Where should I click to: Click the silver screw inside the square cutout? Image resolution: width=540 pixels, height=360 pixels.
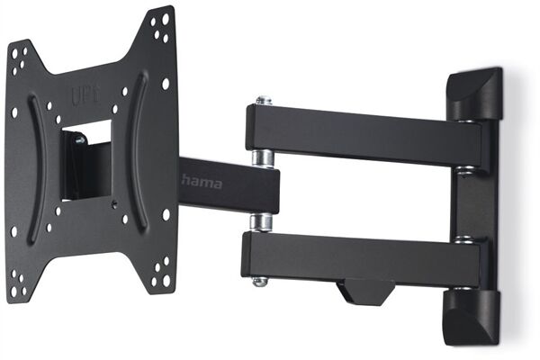click(x=80, y=140)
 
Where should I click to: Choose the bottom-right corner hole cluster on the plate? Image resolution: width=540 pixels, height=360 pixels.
click(x=161, y=271)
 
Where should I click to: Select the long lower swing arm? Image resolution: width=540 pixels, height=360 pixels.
click(x=360, y=256)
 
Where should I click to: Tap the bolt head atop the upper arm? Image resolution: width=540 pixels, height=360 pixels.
click(x=262, y=100)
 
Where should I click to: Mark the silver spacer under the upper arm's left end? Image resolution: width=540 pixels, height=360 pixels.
click(x=263, y=157)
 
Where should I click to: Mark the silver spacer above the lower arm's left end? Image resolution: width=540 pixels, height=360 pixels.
click(x=261, y=222)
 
